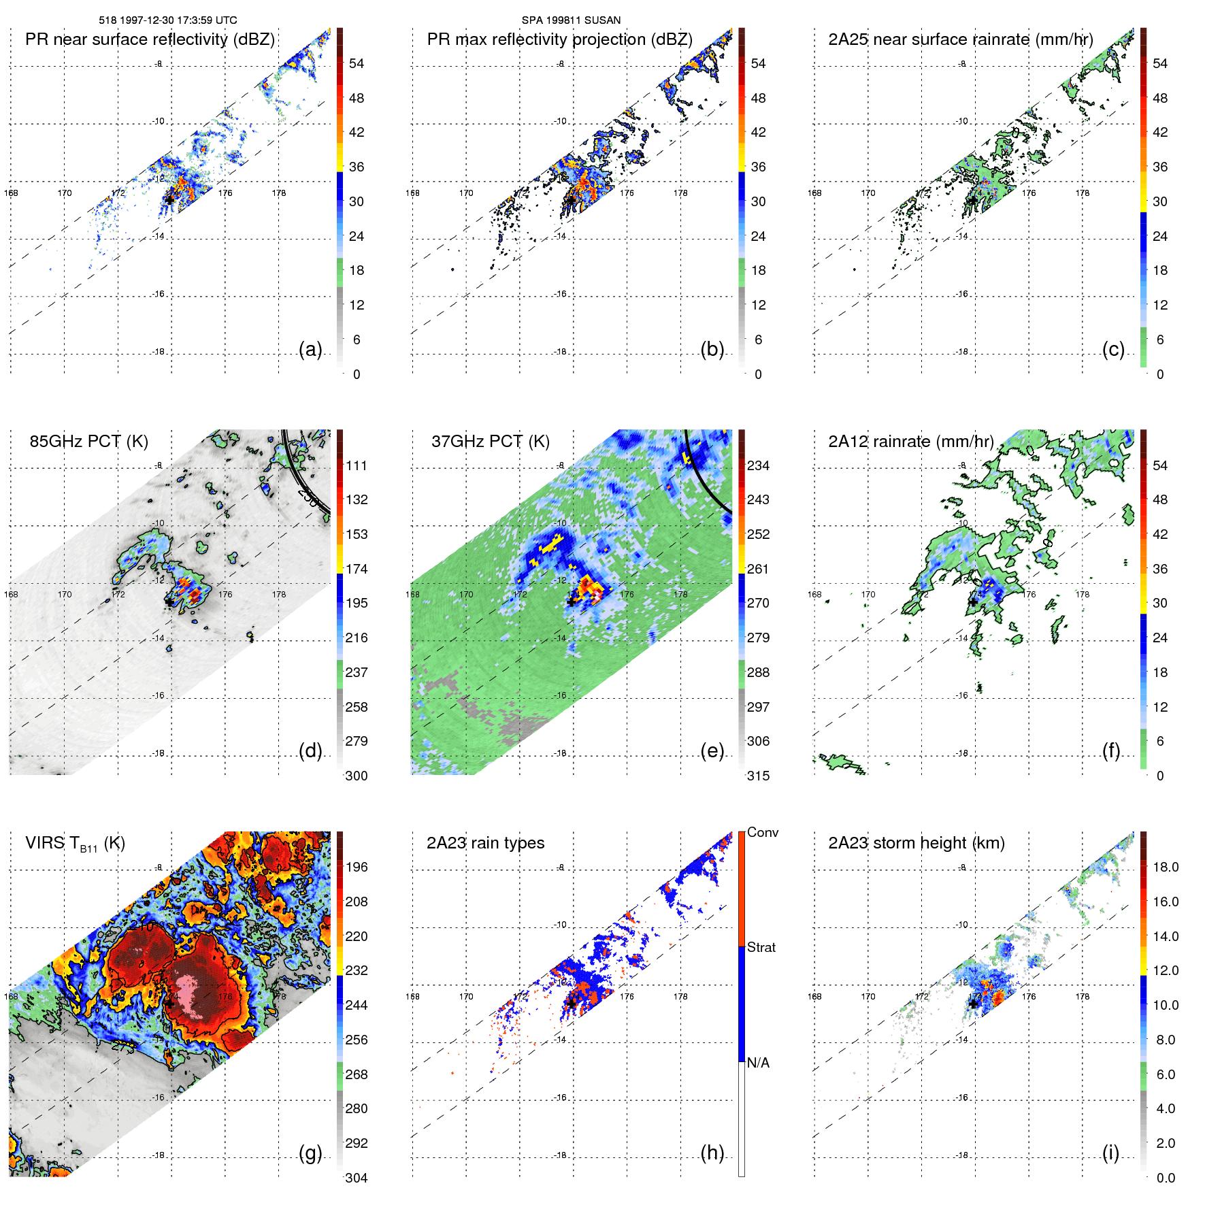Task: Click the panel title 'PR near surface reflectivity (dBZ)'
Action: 150,39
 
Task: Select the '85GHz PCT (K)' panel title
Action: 88,442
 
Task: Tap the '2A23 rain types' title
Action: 485,843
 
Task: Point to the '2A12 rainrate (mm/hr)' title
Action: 910,442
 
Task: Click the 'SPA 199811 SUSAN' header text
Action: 571,20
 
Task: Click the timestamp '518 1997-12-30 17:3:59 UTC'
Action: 168,20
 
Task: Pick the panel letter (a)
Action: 310,349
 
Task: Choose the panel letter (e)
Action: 712,750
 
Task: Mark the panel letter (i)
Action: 1110,1153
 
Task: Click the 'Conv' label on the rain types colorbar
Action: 762,832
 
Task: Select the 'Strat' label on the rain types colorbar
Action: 761,947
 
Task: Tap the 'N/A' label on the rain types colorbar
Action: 758,1063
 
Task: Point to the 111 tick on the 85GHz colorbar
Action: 357,465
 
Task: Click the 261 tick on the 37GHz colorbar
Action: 758,569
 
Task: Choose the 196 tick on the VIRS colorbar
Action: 357,867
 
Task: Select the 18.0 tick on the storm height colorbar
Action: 1165,867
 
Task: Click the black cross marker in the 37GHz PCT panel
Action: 572,601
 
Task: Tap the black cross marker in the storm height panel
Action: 973,1004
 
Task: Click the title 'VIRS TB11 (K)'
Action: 75,844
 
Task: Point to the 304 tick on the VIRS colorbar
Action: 357,1178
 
